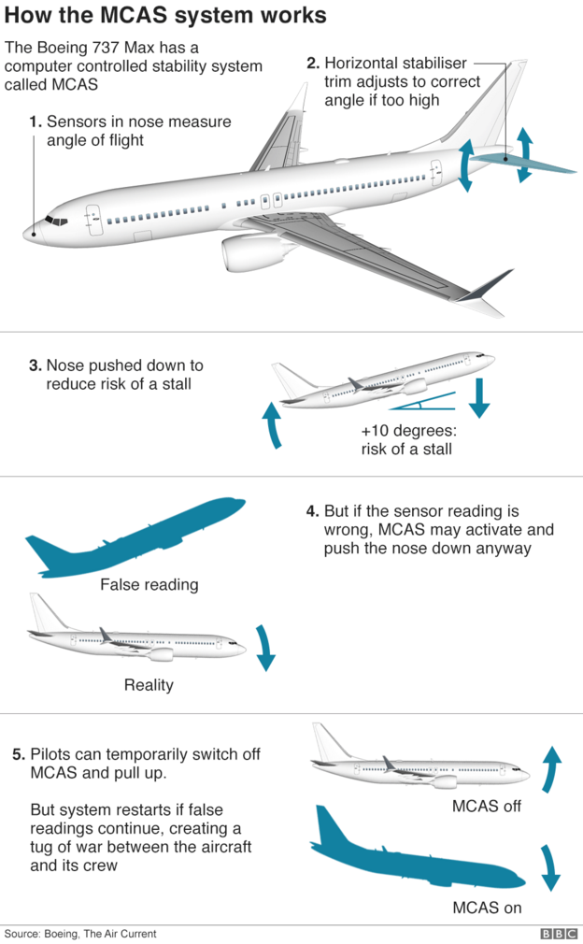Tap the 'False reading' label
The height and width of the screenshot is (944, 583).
[x=149, y=585]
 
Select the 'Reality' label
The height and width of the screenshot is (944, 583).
[x=149, y=685]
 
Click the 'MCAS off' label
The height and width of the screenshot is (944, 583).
[x=486, y=806]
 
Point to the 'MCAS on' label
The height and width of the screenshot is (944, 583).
[x=487, y=907]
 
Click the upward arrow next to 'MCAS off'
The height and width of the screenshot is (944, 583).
[x=552, y=769]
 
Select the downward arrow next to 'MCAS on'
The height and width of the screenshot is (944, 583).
[x=550, y=867]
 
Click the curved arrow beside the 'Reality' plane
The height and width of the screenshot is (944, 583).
[x=265, y=648]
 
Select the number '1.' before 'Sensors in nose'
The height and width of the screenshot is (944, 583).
[x=36, y=122]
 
